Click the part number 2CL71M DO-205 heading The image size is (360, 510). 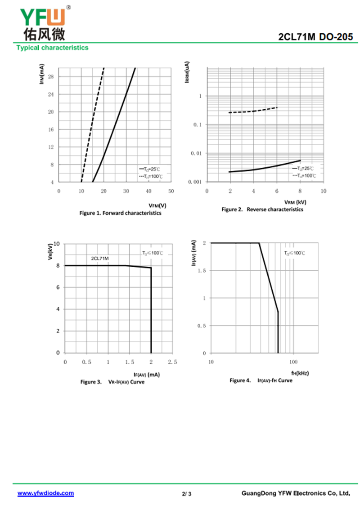316,37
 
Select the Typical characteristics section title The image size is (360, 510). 52,48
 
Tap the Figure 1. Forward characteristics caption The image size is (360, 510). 120,213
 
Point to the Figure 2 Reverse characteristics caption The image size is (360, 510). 262,209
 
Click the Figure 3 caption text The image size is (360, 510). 112,382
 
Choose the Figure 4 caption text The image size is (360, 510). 261,380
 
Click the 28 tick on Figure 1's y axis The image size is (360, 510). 50,77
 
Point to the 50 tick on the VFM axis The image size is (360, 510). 171,191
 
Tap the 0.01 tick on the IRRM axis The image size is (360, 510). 197,153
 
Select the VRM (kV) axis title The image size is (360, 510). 295,202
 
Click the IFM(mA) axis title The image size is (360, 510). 41,74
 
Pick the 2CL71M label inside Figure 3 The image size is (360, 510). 100,259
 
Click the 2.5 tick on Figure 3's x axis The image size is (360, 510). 172,362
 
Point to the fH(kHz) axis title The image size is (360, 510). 300,373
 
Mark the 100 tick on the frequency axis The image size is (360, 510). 293,362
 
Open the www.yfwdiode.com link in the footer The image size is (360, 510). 45,493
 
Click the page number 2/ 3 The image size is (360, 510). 187,494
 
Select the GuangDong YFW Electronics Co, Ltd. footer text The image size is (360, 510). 296,493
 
